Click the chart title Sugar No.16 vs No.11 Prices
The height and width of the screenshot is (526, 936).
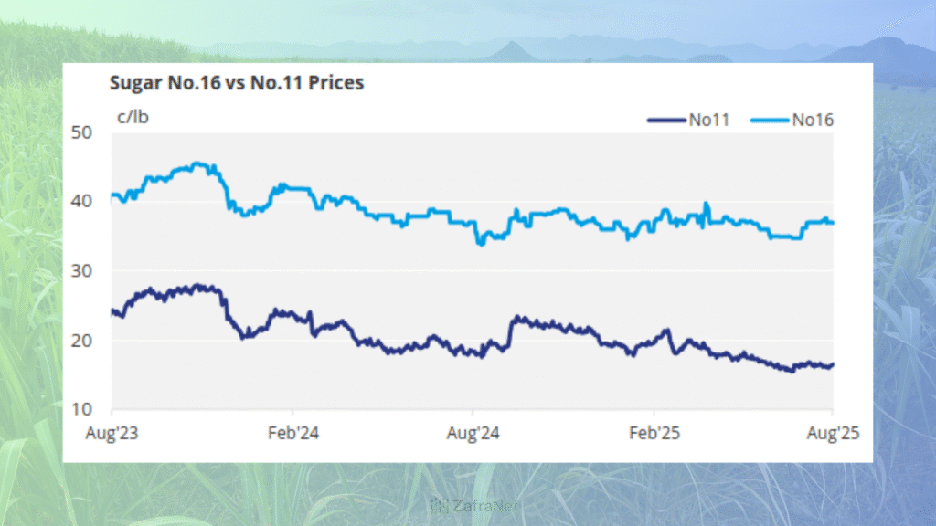tap(236, 84)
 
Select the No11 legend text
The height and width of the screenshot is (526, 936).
tap(709, 119)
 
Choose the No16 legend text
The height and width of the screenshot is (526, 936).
tap(813, 119)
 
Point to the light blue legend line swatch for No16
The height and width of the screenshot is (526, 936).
tap(769, 120)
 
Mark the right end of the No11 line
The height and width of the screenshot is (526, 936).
tap(833, 365)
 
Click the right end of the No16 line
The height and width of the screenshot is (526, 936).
tap(833, 223)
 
